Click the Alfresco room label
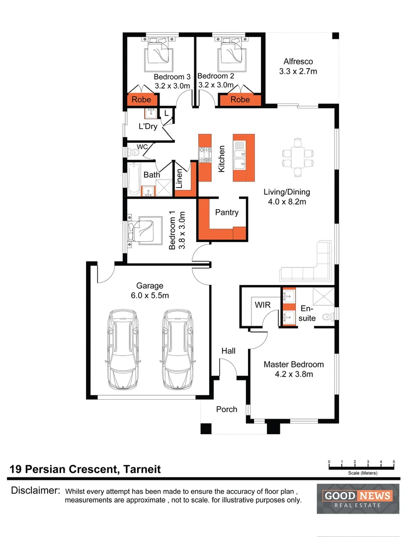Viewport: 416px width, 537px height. [x=298, y=62]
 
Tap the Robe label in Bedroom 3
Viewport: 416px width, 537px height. [x=141, y=99]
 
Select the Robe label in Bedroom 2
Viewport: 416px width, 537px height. [x=240, y=99]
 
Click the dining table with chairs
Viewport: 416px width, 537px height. [x=298, y=157]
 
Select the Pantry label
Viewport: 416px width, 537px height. [x=227, y=212]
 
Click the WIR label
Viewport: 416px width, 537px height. [x=262, y=304]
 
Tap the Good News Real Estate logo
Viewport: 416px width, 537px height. [x=358, y=498]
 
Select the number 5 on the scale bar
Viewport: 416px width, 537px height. [x=394, y=462]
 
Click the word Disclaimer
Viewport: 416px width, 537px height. [x=35, y=491]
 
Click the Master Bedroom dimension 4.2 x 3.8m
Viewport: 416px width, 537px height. [x=293, y=374]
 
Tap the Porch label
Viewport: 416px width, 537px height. [x=226, y=409]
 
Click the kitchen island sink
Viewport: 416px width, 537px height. [x=241, y=157]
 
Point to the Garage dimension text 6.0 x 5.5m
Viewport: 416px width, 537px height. [x=150, y=295]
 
